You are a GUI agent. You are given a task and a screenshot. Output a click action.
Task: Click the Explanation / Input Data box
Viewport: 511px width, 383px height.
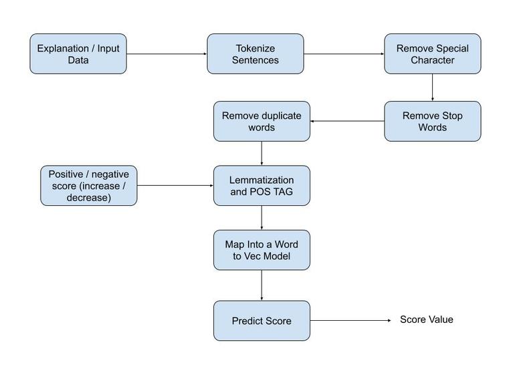coord(78,54)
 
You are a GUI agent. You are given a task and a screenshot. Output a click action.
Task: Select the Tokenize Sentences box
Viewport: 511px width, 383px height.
coord(255,54)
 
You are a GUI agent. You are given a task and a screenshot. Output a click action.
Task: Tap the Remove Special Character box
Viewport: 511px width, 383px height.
coord(432,54)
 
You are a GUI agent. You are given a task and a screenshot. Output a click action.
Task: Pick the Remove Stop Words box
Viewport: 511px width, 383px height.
coord(432,122)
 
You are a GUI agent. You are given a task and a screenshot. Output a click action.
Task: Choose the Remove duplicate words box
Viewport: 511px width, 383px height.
coord(262,122)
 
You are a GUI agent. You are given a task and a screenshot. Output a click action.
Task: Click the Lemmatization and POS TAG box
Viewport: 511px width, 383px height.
coord(262,186)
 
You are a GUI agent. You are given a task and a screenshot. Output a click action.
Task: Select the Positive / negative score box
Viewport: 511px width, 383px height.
coord(88,186)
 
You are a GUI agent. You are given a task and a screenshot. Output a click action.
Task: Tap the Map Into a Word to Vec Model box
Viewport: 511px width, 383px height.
coord(262,251)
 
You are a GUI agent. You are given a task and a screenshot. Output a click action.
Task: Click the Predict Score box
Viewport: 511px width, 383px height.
coord(262,321)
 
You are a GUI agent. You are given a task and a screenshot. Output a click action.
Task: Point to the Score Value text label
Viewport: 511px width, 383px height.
coord(426,320)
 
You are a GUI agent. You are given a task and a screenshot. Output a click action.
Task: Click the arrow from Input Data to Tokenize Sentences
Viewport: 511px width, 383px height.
coord(167,54)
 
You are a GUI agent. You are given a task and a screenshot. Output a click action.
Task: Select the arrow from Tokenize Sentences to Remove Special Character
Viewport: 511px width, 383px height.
coord(344,54)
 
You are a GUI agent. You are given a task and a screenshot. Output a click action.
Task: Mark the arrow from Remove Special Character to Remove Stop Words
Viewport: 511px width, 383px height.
coord(432,88)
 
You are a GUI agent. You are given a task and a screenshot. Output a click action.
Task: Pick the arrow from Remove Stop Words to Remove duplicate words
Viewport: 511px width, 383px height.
coord(347,122)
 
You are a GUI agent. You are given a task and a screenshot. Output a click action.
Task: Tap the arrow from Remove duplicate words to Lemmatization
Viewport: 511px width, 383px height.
coord(262,154)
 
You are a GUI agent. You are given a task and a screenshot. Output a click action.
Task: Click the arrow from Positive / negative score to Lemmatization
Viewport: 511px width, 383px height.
coord(175,186)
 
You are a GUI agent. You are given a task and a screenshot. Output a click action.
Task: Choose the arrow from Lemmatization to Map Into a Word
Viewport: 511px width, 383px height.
coord(262,219)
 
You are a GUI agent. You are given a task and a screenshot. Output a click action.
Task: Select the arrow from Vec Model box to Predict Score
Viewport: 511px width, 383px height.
coord(262,285)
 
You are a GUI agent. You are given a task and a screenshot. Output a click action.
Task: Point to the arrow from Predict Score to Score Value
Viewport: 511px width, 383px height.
coord(350,321)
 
